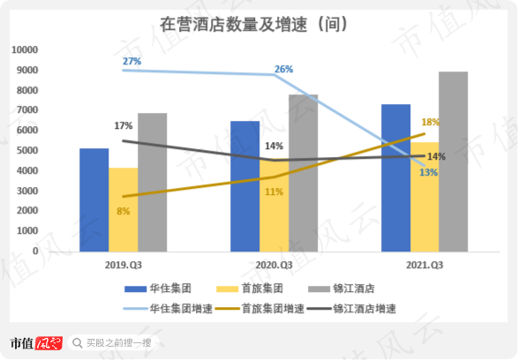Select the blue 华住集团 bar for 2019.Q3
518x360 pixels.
94,199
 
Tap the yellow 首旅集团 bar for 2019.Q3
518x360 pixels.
123,209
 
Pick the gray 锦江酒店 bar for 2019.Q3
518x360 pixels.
152,182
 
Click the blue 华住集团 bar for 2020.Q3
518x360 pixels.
245,185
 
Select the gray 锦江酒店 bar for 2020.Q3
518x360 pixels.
304,172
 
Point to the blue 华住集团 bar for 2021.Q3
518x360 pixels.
395,177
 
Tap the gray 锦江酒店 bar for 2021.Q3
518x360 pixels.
453,161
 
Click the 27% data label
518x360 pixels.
131,61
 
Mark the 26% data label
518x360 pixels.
283,69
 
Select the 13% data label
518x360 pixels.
430,172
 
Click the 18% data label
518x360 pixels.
431,123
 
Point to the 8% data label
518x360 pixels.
123,211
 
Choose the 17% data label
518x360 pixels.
124,125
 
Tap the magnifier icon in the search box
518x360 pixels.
79,342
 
